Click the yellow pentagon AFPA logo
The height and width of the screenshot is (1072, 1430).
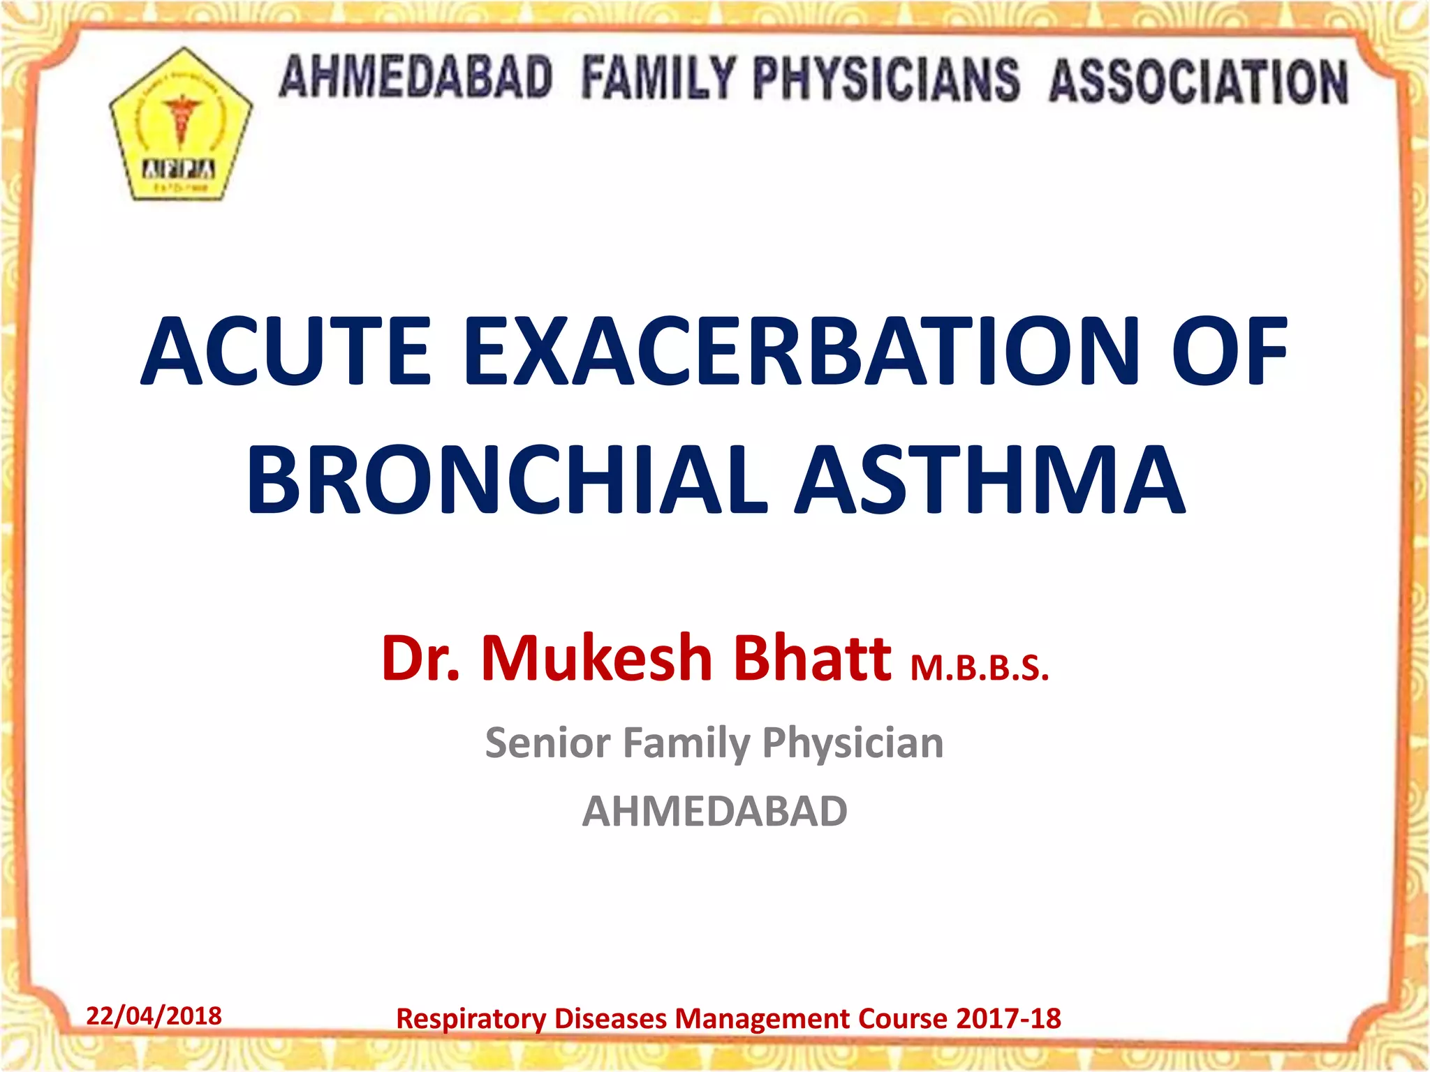tap(181, 126)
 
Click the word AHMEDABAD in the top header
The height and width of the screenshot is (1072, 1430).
tap(416, 77)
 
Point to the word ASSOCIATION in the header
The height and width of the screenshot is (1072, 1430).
tap(1198, 82)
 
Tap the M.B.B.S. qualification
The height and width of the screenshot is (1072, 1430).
tap(980, 668)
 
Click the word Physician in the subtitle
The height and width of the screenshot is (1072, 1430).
tap(853, 743)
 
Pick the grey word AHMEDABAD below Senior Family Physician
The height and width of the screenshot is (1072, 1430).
tap(715, 811)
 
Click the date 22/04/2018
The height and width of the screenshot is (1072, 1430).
tap(154, 1015)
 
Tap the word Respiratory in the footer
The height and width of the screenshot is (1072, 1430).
tap(471, 1019)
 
